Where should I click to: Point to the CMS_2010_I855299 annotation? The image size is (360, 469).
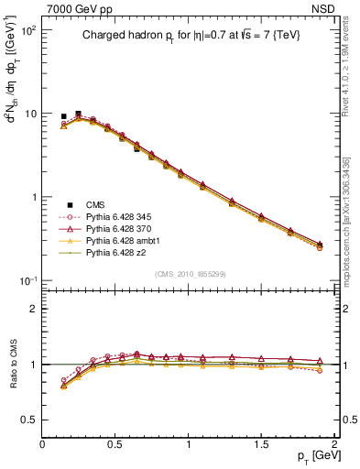pyautogui.click(x=190, y=274)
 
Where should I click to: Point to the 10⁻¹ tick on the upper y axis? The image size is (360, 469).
pyautogui.click(x=27, y=280)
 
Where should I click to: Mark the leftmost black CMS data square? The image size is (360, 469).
pyautogui.click(x=63, y=117)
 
